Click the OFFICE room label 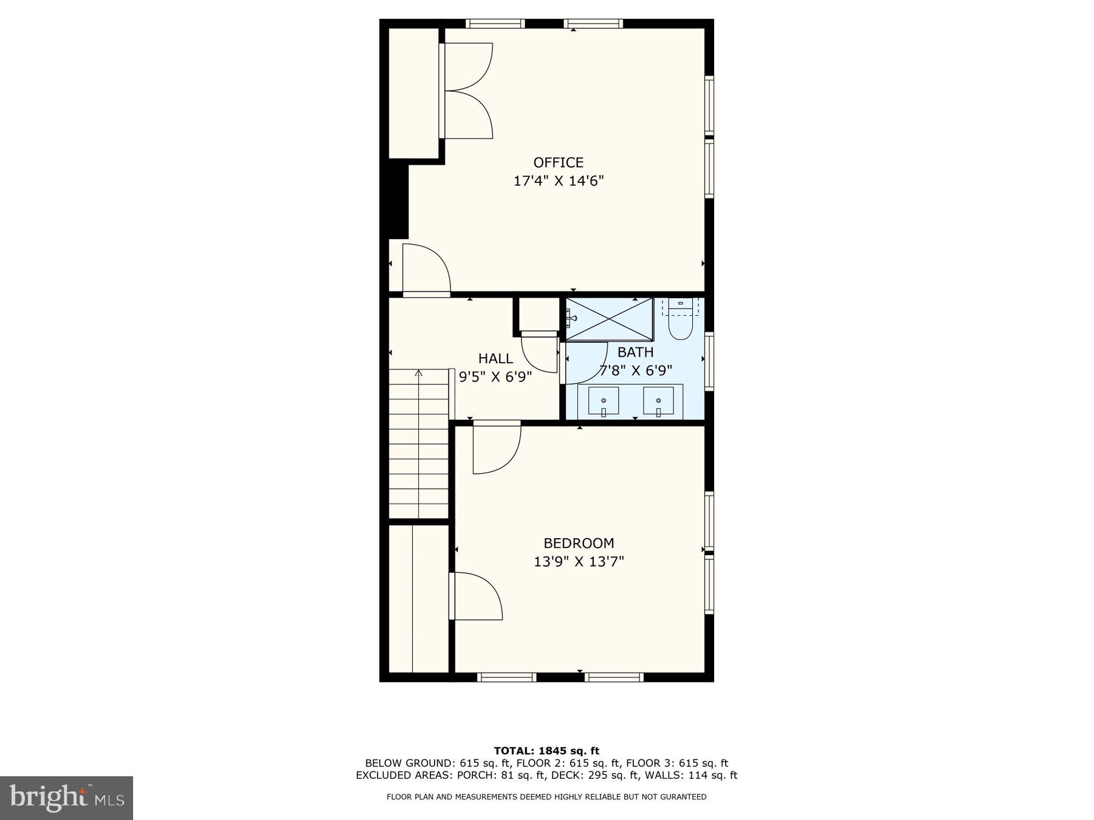point(558,162)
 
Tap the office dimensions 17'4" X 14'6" point(558,181)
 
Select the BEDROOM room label point(578,543)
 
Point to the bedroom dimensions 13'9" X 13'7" point(578,561)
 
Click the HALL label point(495,358)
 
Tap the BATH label point(635,352)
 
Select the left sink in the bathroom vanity point(604,401)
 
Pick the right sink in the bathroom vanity point(658,401)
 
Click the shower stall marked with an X point(609,319)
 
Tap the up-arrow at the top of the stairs point(418,372)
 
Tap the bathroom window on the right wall point(709,361)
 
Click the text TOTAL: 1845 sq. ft point(546,751)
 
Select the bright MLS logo point(66,798)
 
